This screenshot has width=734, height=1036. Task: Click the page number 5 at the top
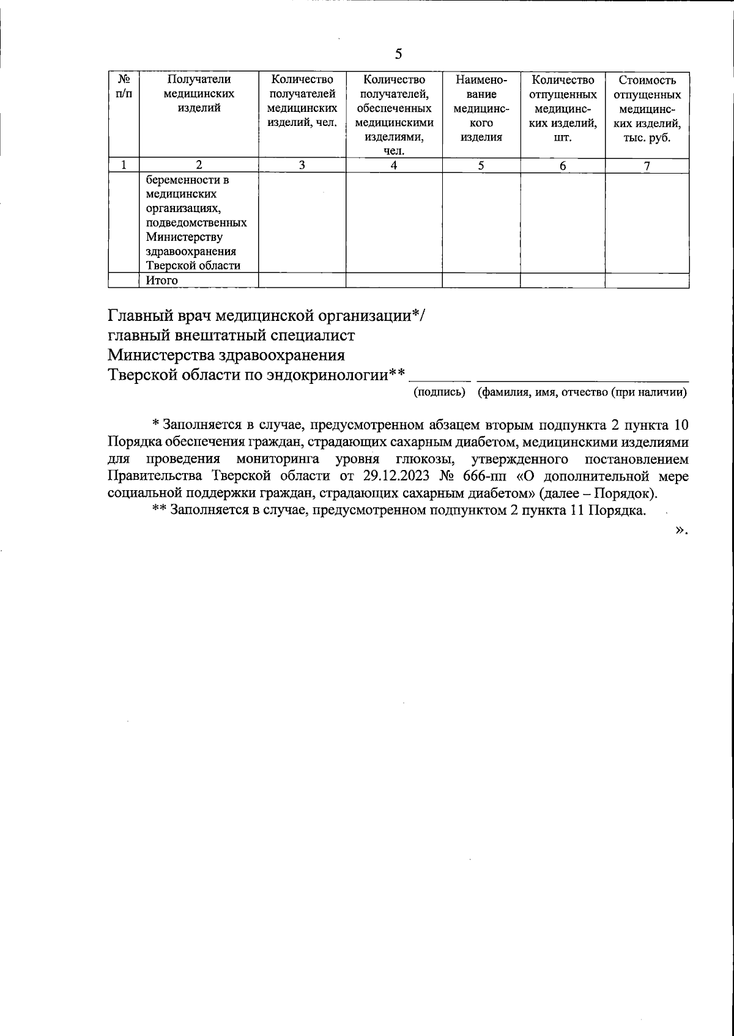[398, 54]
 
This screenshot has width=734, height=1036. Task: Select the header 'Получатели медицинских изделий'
[199, 94]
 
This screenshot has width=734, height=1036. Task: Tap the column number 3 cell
[302, 165]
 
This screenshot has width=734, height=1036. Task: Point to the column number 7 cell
[647, 165]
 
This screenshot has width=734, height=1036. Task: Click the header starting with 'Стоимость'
[647, 108]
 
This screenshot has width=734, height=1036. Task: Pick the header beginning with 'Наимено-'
[481, 108]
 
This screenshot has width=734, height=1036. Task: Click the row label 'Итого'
[162, 281]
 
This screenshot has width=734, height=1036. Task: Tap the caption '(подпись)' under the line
[440, 392]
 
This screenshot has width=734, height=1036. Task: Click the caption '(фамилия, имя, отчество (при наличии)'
[582, 392]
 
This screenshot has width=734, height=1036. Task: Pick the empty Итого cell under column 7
[647, 281]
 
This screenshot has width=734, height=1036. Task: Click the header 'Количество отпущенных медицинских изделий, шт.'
[563, 108]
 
